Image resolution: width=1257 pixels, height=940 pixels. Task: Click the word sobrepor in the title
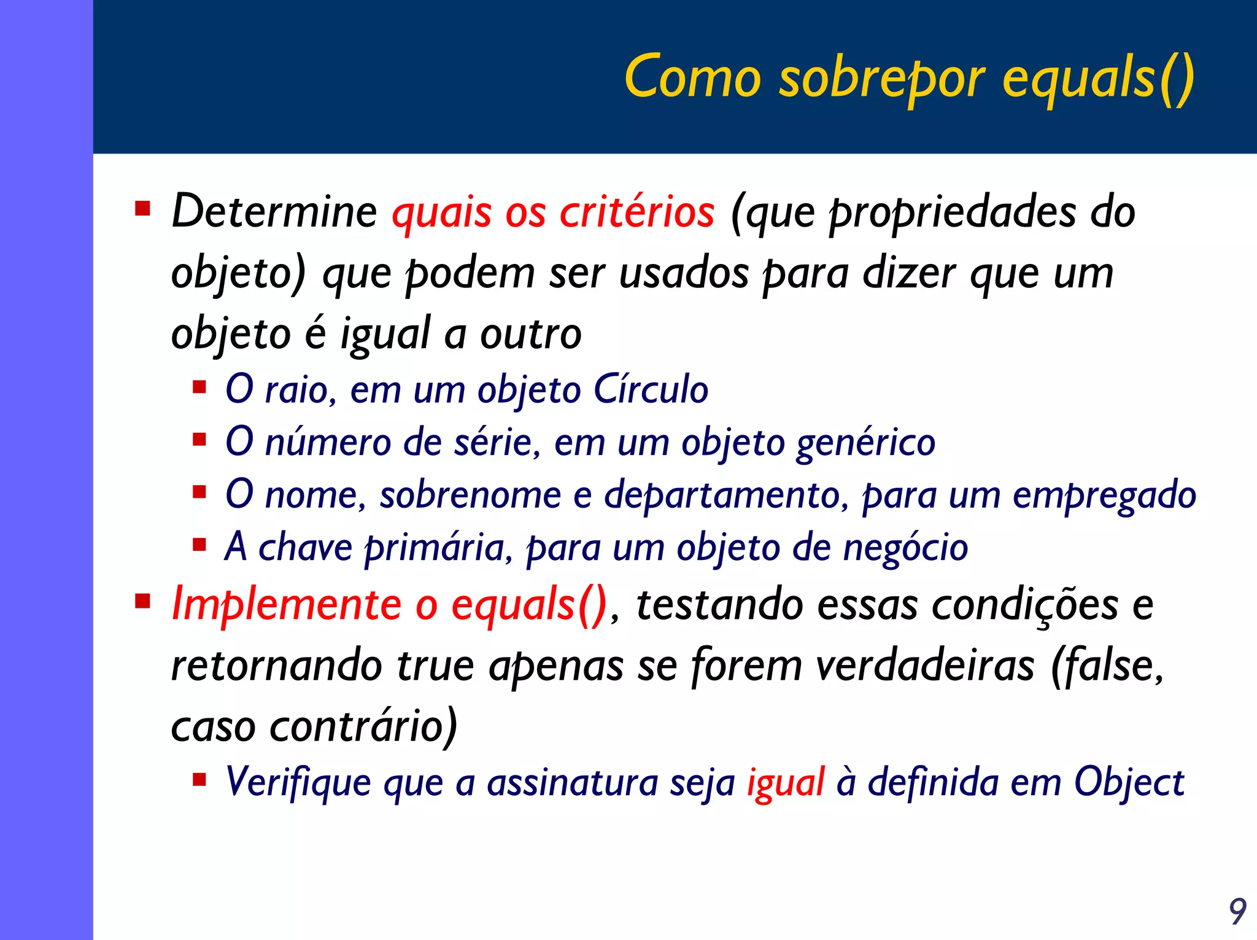[x=883, y=80]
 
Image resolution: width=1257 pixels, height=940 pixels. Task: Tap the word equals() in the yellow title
[x=1099, y=80]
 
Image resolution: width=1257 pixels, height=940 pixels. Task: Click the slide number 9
[x=1237, y=912]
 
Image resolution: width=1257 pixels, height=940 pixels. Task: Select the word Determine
[x=274, y=212]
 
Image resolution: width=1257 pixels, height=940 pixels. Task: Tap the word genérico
[x=865, y=442]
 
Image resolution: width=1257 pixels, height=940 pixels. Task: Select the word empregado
[x=1104, y=495]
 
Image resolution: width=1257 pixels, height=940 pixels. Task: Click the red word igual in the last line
[x=785, y=783]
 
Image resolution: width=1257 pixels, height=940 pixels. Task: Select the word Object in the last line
[x=1128, y=783]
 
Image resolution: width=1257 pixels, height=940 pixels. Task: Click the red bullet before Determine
[x=143, y=209]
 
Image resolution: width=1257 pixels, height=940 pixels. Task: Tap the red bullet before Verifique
[x=199, y=780]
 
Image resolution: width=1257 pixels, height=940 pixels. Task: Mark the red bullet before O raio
[x=199, y=387]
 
